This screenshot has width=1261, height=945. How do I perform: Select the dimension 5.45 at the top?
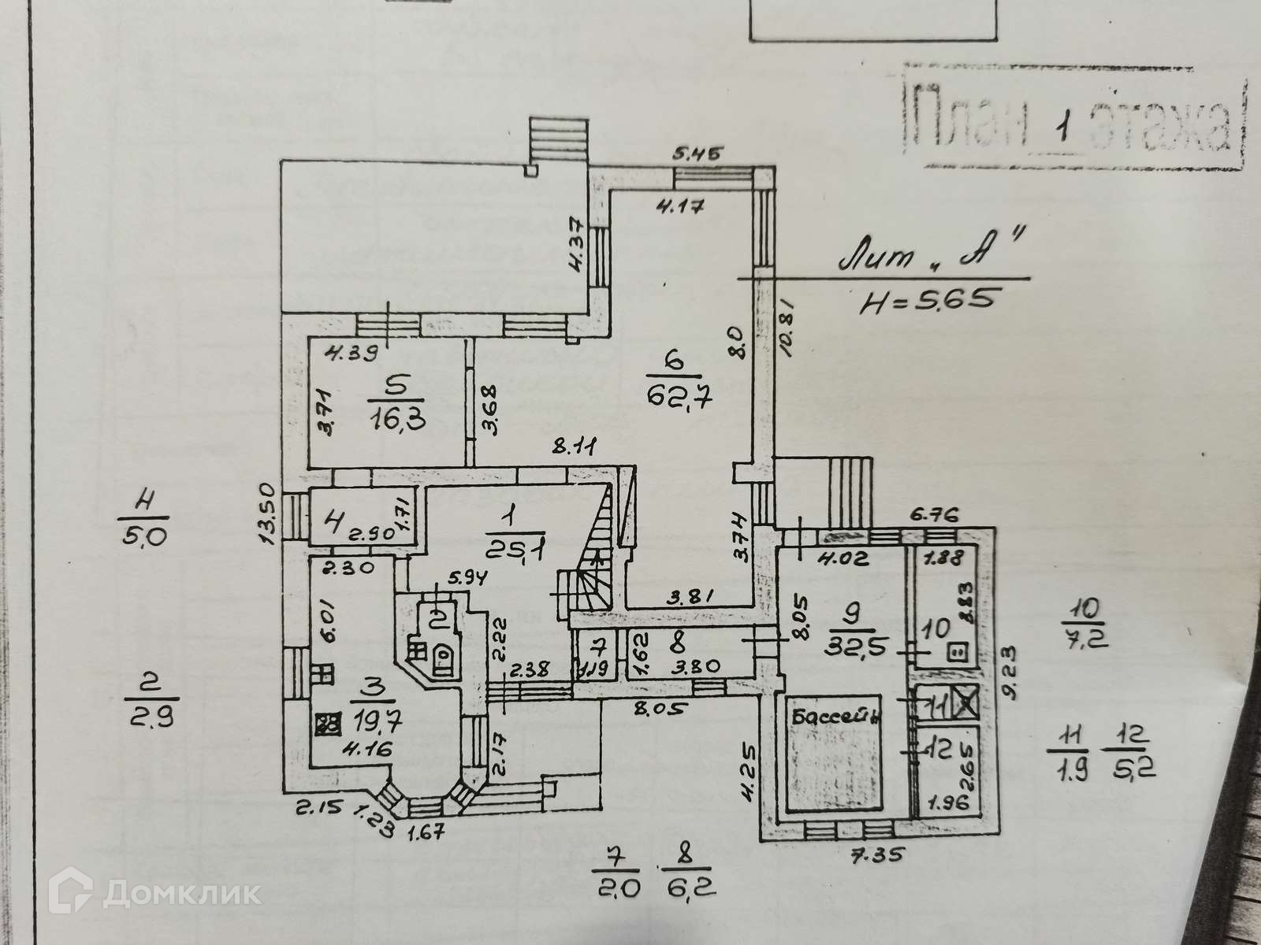pyautogui.click(x=697, y=153)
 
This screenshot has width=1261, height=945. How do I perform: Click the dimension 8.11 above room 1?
pyautogui.click(x=572, y=447)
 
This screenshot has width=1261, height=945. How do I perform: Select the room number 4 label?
pyautogui.click(x=335, y=521)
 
